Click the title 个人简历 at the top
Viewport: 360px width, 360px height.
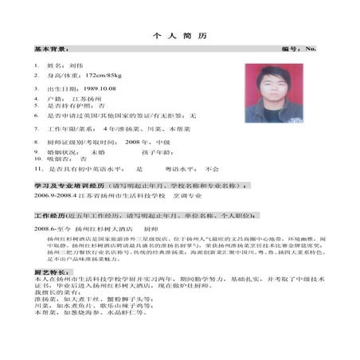pos(179,37)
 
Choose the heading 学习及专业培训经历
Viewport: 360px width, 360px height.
pos(60,185)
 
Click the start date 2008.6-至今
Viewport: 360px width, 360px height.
pos(50,228)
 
